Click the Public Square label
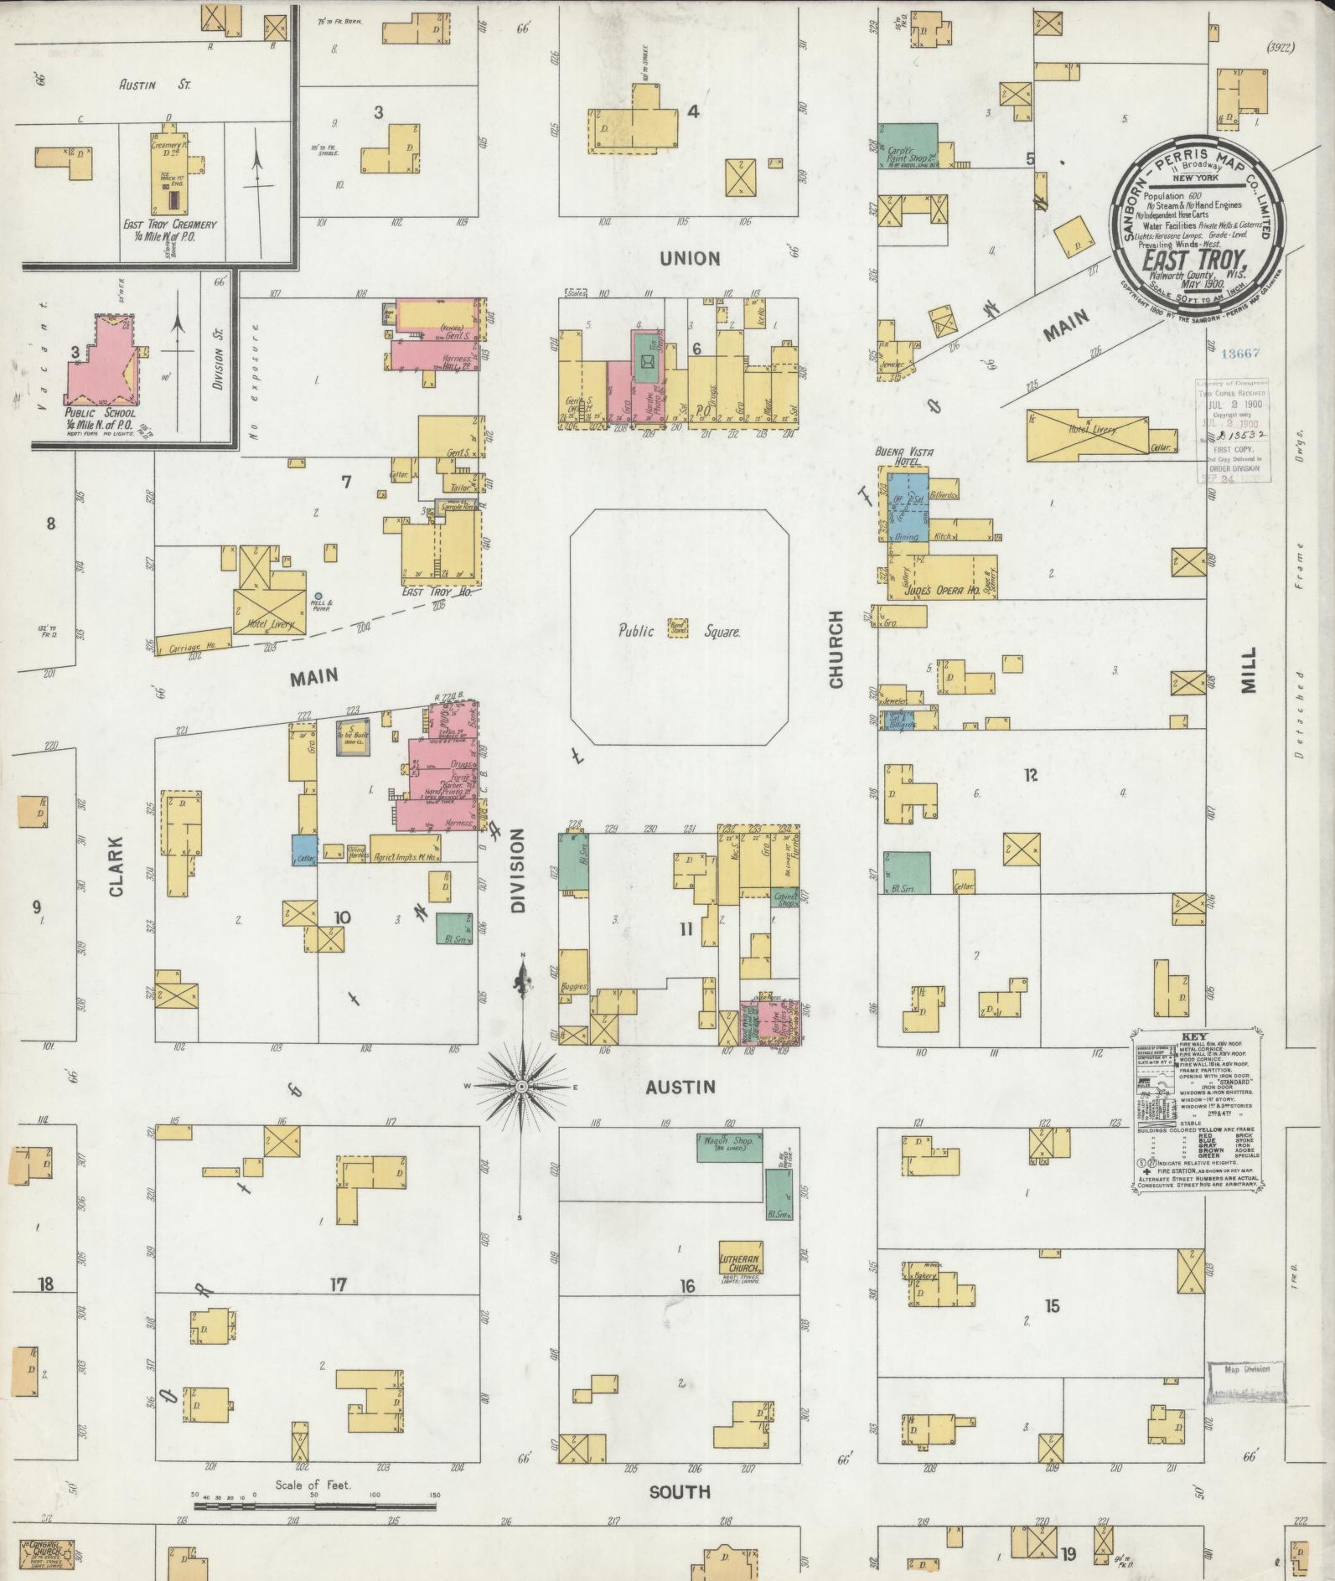tap(679, 633)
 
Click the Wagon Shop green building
tap(729, 1147)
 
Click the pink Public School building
tap(102, 361)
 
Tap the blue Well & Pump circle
tap(318, 597)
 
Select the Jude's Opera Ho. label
tap(941, 589)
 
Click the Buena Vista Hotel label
tap(904, 456)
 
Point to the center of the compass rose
tap(521, 1087)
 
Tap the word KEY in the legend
tap(1194, 1036)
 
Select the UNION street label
tap(690, 258)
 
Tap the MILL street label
tap(1249, 669)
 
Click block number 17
tap(338, 1284)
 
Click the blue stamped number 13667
tap(1239, 354)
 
